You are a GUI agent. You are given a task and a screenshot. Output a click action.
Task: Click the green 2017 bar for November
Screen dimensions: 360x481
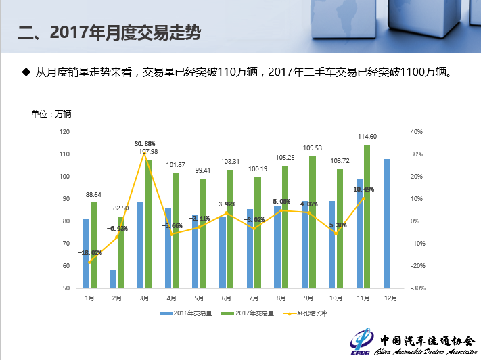coord(367,217)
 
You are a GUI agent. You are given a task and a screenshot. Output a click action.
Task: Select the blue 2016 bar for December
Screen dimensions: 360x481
coord(387,223)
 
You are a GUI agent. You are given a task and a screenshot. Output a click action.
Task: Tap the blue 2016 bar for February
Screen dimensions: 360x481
coord(113,279)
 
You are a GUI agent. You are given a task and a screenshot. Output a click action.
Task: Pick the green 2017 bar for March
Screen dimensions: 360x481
coord(148,223)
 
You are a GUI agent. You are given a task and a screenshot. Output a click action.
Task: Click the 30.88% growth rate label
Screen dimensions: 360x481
coord(145,143)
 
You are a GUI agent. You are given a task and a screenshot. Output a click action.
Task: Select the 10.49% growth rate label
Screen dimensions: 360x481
coord(363,189)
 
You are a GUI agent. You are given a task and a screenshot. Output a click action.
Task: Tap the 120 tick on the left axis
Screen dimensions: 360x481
coord(64,132)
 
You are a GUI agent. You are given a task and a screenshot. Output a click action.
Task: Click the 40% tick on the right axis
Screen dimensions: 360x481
coord(417,132)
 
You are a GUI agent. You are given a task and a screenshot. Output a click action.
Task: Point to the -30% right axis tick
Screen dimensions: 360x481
coord(417,288)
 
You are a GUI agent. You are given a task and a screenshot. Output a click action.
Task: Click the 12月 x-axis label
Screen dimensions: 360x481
coord(390,298)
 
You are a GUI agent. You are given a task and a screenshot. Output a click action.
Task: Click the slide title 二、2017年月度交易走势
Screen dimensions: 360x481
coord(110,32)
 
